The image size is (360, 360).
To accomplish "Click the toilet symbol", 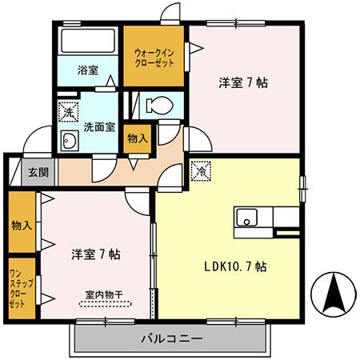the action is tap(159, 105).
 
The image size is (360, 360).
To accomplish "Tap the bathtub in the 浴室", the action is tap(88, 41).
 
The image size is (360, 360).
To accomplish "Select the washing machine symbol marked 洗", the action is tap(69, 112).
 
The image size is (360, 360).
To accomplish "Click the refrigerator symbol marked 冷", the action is tap(202, 171).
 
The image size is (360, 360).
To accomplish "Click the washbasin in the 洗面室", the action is tap(70, 140).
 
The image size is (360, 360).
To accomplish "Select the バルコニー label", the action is tap(171, 339).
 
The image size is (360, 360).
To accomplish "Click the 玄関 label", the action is tap(38, 173).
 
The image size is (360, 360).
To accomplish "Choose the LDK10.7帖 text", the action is tap(235, 266).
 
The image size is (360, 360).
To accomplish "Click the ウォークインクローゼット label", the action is tap(154, 58).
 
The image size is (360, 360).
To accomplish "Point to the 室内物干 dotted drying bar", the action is tap(106, 304).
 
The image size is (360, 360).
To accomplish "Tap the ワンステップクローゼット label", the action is tap(22, 289).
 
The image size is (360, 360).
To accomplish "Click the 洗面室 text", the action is tap(99, 127).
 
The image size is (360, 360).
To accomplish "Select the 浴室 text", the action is tap(88, 70).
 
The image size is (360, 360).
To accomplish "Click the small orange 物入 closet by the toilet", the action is tap(138, 139).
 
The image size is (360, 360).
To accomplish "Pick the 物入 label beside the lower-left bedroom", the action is tap(22, 226).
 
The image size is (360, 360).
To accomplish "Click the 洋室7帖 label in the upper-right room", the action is tap(243, 82).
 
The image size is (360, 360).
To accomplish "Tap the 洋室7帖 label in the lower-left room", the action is tap(96, 254).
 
